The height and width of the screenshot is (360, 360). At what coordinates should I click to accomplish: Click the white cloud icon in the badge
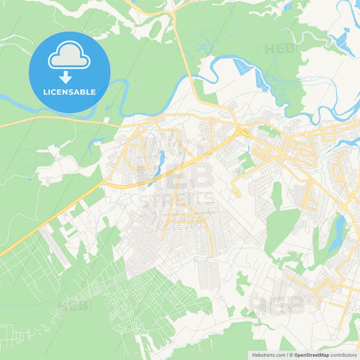click(69, 56)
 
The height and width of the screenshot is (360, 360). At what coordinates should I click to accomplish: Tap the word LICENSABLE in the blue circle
click(70, 91)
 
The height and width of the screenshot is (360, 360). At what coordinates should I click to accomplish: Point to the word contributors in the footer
click(344, 354)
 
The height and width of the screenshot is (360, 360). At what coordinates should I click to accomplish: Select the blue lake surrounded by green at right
click(337, 233)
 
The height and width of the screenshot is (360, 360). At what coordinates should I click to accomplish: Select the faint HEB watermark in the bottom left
click(74, 305)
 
